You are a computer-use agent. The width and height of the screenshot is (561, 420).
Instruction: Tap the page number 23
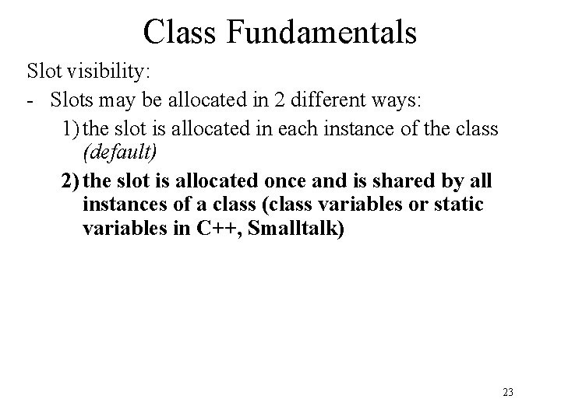(x=508, y=393)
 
